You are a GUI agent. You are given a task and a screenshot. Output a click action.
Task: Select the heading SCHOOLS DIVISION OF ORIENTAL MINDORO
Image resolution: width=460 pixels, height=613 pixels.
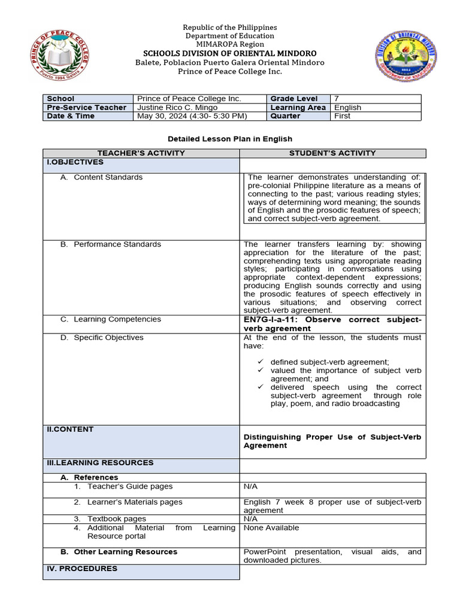[230, 53]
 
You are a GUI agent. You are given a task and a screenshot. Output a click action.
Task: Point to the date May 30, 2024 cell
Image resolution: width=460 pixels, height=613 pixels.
[192, 116]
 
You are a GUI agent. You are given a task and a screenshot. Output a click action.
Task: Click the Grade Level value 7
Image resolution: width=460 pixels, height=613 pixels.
[337, 98]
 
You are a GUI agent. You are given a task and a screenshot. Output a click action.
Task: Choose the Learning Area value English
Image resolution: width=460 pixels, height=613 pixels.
[347, 107]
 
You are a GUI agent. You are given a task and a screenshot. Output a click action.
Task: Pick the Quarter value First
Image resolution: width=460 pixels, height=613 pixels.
[342, 116]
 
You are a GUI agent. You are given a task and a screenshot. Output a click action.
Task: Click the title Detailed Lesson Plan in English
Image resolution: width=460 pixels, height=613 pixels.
[230, 139]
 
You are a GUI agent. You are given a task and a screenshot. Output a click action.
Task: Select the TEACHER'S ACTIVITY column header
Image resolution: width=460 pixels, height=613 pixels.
[141, 153]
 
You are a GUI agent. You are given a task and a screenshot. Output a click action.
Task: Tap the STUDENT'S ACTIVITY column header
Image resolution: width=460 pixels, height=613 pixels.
[332, 153]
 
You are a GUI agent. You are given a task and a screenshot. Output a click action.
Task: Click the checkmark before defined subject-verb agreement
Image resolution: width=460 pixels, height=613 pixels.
[261, 362]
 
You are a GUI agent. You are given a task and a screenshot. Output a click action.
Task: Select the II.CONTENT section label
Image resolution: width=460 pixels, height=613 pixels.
[70, 429]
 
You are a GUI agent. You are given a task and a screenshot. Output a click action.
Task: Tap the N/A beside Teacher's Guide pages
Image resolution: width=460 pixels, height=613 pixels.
[250, 486]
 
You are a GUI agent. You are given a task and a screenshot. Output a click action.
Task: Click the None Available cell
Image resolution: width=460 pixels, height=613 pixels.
[271, 527]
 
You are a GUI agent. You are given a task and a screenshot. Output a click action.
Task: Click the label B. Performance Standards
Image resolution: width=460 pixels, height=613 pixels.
[111, 244]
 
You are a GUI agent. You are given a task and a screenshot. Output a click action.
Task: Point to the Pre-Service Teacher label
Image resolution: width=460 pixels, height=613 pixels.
[86, 107]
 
